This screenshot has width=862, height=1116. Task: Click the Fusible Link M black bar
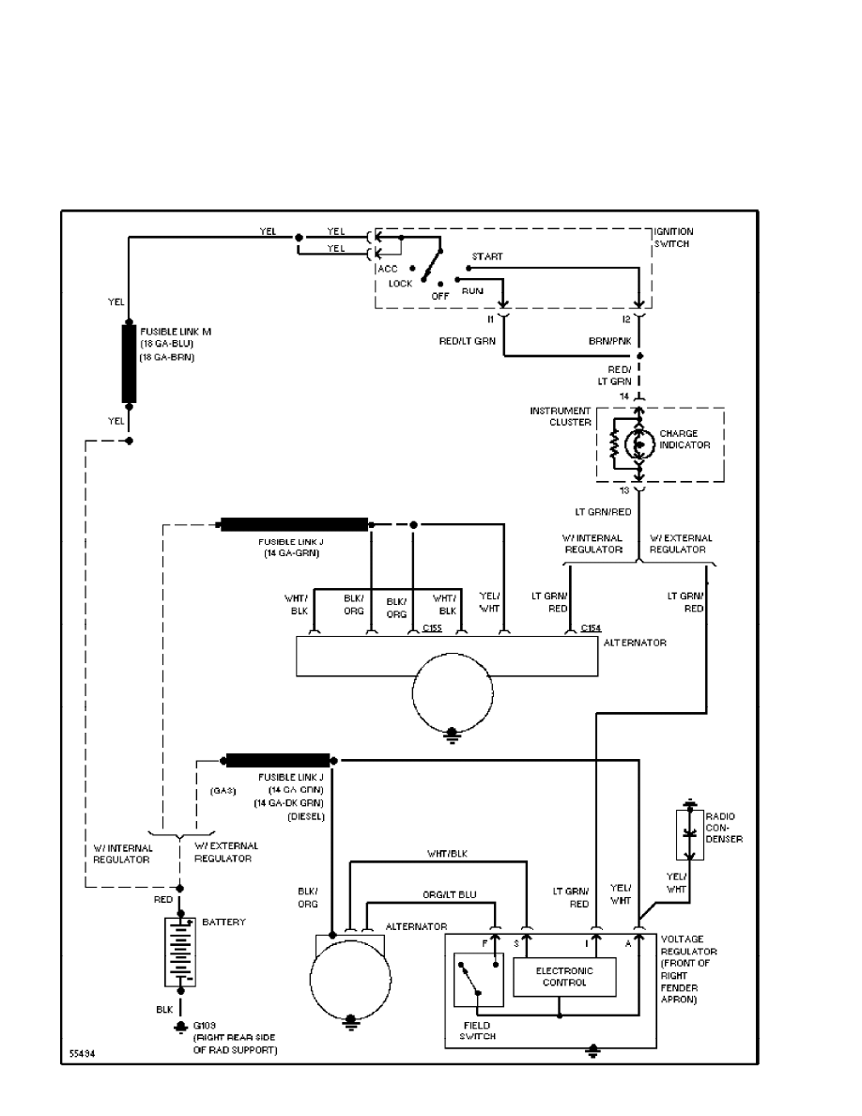129,364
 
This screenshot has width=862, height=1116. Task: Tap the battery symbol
179,953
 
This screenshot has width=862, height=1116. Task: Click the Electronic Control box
564,976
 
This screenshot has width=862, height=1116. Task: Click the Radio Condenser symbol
690,831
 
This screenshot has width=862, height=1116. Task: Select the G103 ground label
203,1025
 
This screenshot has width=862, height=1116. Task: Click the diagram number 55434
83,1055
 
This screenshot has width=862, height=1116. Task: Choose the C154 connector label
591,627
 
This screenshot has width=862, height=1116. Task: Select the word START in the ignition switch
487,256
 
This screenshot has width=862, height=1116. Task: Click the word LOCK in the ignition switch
400,283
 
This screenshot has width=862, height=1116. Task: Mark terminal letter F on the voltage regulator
485,941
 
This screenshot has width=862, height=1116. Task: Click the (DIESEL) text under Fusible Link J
305,815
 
